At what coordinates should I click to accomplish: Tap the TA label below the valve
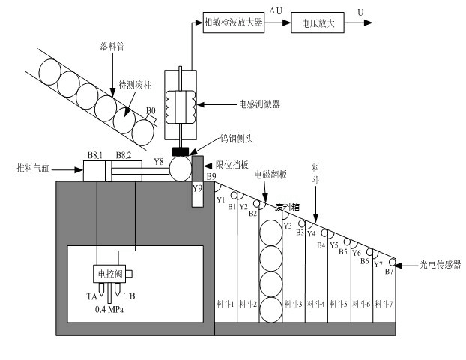point(91,295)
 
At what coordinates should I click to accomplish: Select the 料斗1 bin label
point(226,304)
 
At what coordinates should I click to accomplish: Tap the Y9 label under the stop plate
point(198,188)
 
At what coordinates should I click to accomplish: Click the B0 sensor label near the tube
point(151,111)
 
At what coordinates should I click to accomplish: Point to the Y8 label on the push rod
point(158,161)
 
